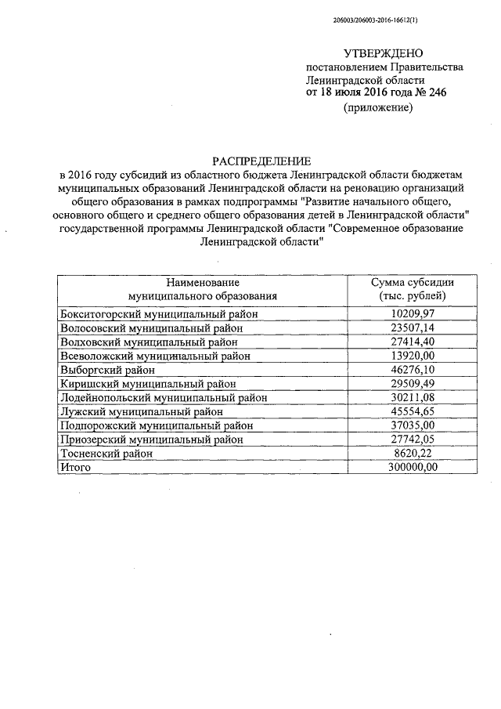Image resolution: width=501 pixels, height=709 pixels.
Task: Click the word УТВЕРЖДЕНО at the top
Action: [x=383, y=54]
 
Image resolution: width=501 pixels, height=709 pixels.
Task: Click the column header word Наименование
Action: [x=202, y=282]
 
